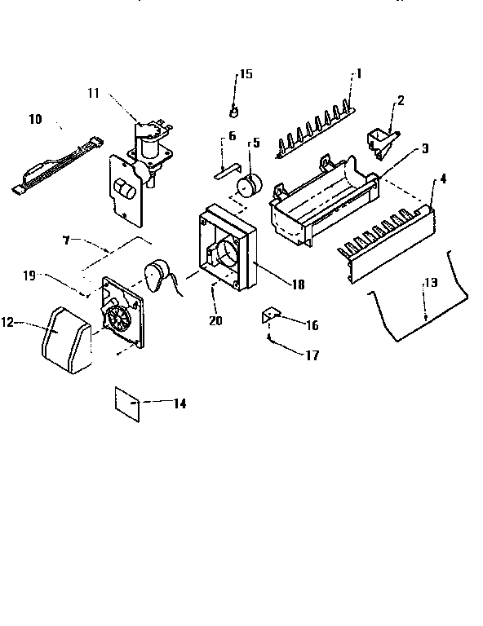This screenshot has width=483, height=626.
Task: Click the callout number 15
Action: coord(245,74)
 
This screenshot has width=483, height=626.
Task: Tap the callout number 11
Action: coord(94,93)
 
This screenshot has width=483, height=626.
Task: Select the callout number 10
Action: coord(35,119)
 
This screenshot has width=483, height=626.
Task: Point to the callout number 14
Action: coord(179,403)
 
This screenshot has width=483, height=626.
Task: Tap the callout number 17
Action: coord(312,355)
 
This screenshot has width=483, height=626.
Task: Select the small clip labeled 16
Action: coord(270,315)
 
